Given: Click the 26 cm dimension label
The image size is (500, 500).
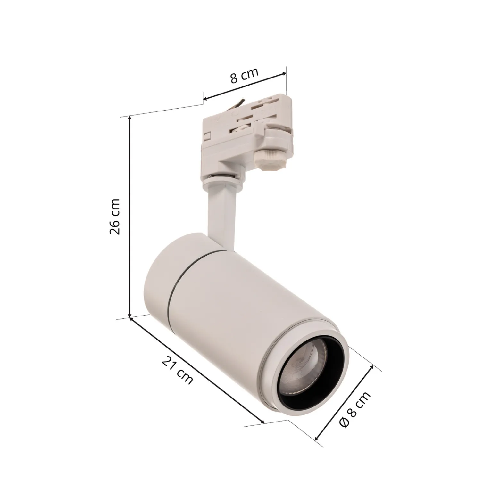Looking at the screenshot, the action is [x=115, y=216].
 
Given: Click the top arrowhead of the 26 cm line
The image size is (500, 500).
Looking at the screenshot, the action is [x=129, y=118].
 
